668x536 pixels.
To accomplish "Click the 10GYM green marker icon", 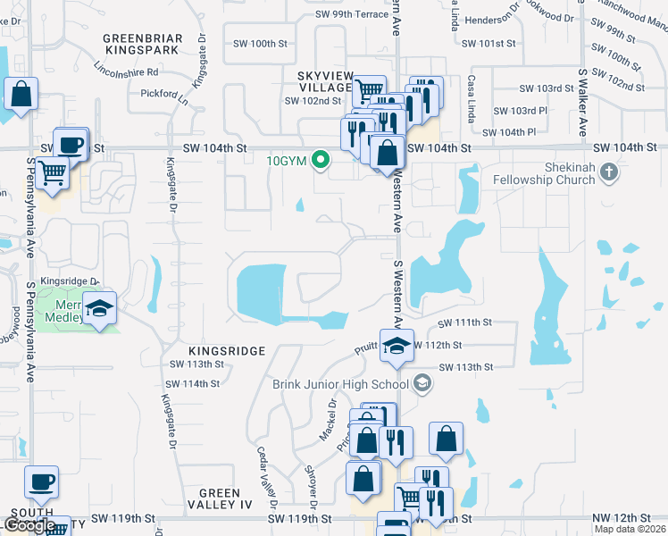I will [x=323, y=162].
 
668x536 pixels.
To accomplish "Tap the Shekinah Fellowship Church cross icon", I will [x=609, y=170].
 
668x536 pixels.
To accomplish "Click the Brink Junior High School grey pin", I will [x=422, y=384].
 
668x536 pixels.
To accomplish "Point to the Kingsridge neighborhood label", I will [x=227, y=351].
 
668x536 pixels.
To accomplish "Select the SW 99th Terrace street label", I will [x=351, y=14].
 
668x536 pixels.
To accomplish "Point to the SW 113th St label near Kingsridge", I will [x=196, y=364].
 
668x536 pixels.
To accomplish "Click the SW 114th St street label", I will [x=192, y=383].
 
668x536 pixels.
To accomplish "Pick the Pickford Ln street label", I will [x=163, y=92].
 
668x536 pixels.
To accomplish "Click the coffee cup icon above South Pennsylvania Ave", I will [x=41, y=482].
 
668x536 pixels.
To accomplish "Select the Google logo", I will [x=29, y=525].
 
